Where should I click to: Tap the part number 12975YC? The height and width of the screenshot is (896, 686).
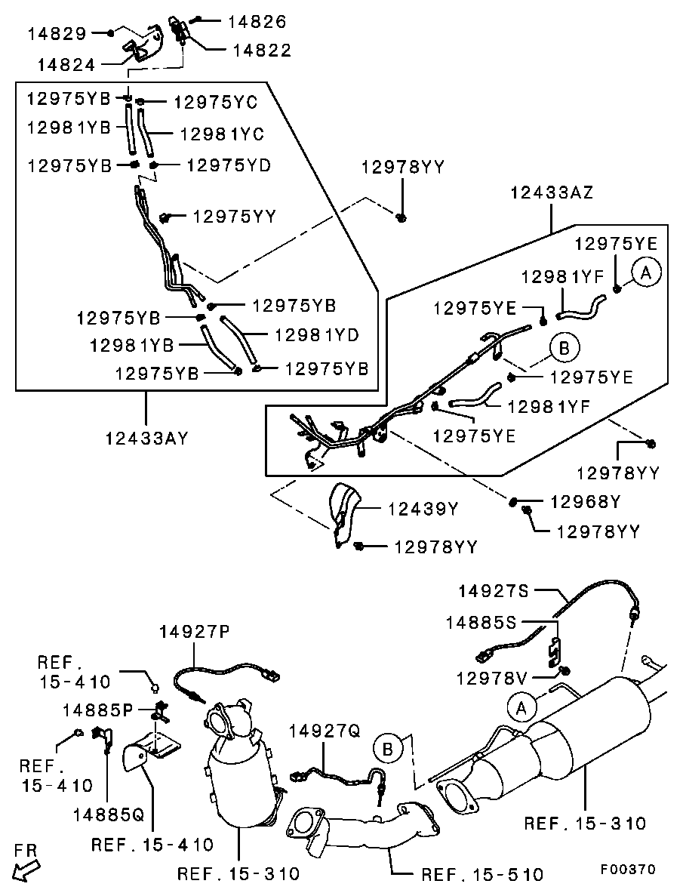215,102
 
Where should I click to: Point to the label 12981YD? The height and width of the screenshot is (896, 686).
316,334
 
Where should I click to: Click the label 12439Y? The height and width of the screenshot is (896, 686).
423,509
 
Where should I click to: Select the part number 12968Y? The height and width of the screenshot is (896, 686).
585,501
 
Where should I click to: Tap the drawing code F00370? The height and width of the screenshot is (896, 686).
628,869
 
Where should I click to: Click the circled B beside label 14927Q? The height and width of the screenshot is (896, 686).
386,750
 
